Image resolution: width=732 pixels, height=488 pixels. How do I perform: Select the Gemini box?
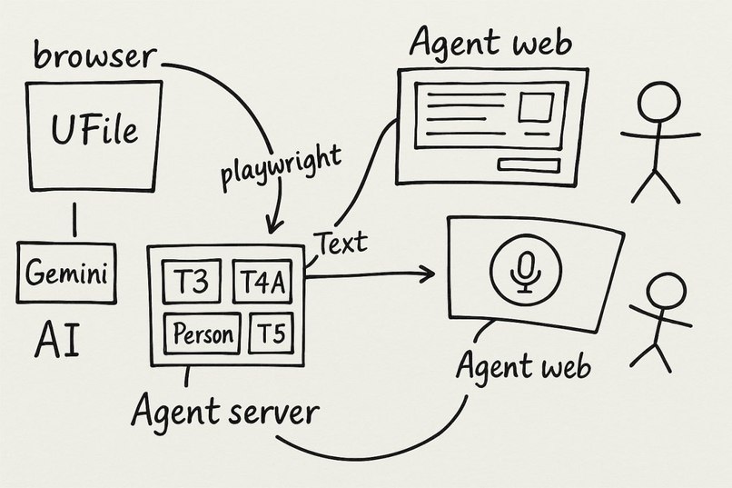pos(67,273)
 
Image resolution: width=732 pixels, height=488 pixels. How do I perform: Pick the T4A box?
pos(263,283)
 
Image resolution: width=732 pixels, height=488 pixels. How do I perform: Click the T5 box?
pos(271,334)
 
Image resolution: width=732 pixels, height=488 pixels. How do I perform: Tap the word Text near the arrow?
pos(341,243)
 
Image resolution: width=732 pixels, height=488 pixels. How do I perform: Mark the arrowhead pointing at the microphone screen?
pos(428,274)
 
